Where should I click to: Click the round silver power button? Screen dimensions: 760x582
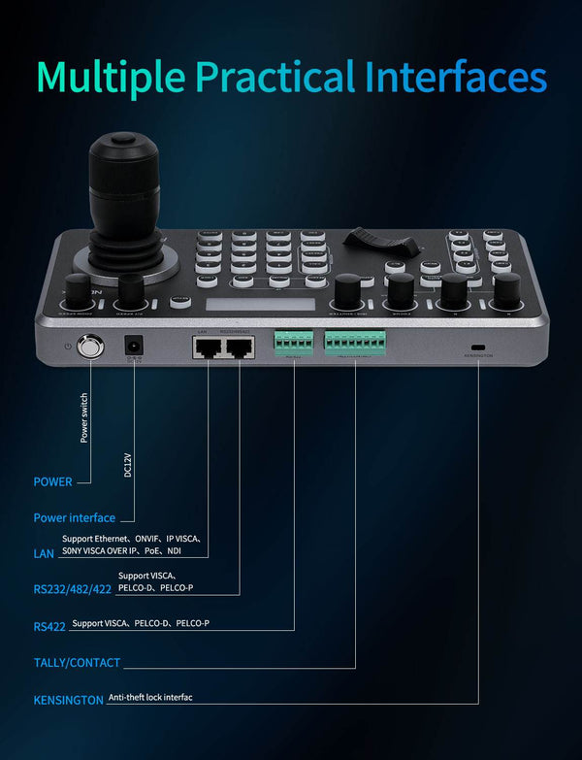pos(90,346)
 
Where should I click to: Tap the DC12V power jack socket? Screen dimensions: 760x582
pos(133,346)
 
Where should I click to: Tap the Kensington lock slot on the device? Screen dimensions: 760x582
pos(477,347)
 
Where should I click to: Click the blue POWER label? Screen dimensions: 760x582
pos(52,481)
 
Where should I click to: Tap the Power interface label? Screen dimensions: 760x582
pos(74,518)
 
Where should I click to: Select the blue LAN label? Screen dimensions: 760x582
pos(44,553)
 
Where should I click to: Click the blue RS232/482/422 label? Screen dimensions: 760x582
pos(72,589)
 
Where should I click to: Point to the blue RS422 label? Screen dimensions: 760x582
pos(48,627)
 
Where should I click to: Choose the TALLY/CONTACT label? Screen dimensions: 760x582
pos(77,663)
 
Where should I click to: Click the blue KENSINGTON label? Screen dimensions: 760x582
pos(68,699)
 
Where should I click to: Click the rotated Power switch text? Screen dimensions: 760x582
pos(84,417)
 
